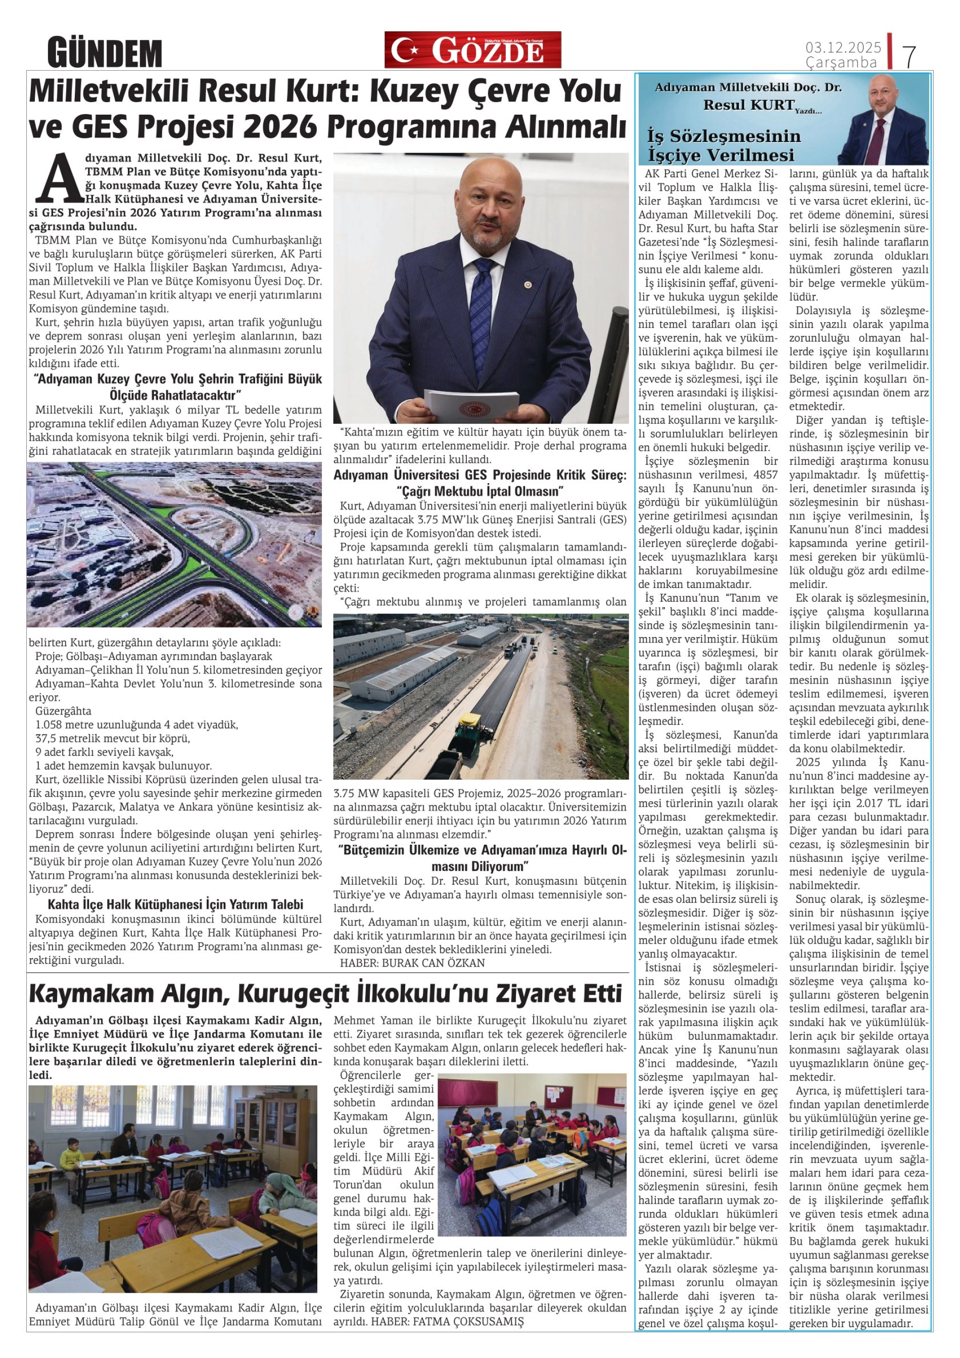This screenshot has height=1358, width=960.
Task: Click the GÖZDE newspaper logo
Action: pyautogui.click(x=472, y=51)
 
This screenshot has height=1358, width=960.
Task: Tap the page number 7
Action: pyautogui.click(x=909, y=56)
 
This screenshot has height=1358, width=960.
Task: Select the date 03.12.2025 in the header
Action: pyautogui.click(x=843, y=47)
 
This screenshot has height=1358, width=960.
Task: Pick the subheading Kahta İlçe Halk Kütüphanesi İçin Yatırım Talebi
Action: pyautogui.click(x=176, y=904)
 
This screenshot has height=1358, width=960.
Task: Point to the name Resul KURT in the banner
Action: pyautogui.click(x=748, y=105)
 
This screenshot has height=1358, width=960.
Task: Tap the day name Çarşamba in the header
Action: pyautogui.click(x=841, y=63)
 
